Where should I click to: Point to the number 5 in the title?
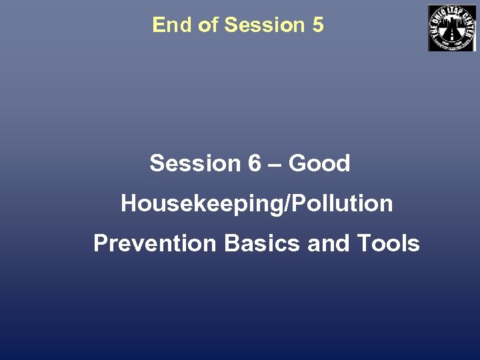[x=317, y=25]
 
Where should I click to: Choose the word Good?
[x=319, y=163]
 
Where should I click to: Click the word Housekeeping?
[x=201, y=203]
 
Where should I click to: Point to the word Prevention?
[x=155, y=243]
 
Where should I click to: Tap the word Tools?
[x=389, y=243]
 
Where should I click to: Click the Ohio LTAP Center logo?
[x=451, y=27]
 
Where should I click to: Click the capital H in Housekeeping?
[x=129, y=203]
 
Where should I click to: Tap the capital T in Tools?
[x=364, y=243]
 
